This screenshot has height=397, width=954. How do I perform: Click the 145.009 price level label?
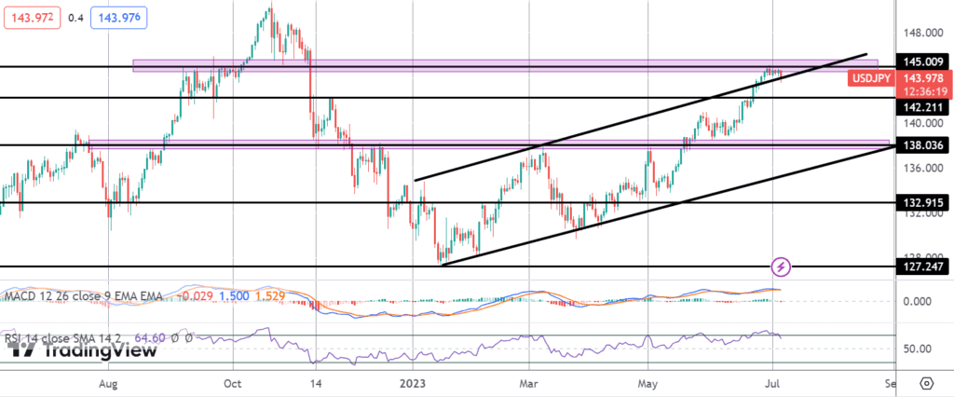pos(920,62)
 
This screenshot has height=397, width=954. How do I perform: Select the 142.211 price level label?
pos(920,108)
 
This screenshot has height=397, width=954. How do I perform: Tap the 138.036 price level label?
pos(920,145)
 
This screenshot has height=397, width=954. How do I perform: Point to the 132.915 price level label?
pos(920,201)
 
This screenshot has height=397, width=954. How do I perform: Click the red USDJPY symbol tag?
pos(872,78)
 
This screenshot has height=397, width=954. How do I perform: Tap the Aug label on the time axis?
pos(109,383)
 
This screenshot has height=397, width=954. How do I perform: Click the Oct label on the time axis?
pos(234,383)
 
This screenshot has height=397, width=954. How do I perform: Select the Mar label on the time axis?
pos(530,383)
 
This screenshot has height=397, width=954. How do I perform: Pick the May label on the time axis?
pos(648,383)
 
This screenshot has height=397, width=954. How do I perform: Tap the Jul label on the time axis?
pos(771,383)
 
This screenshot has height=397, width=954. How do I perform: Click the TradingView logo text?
pos(84,349)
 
